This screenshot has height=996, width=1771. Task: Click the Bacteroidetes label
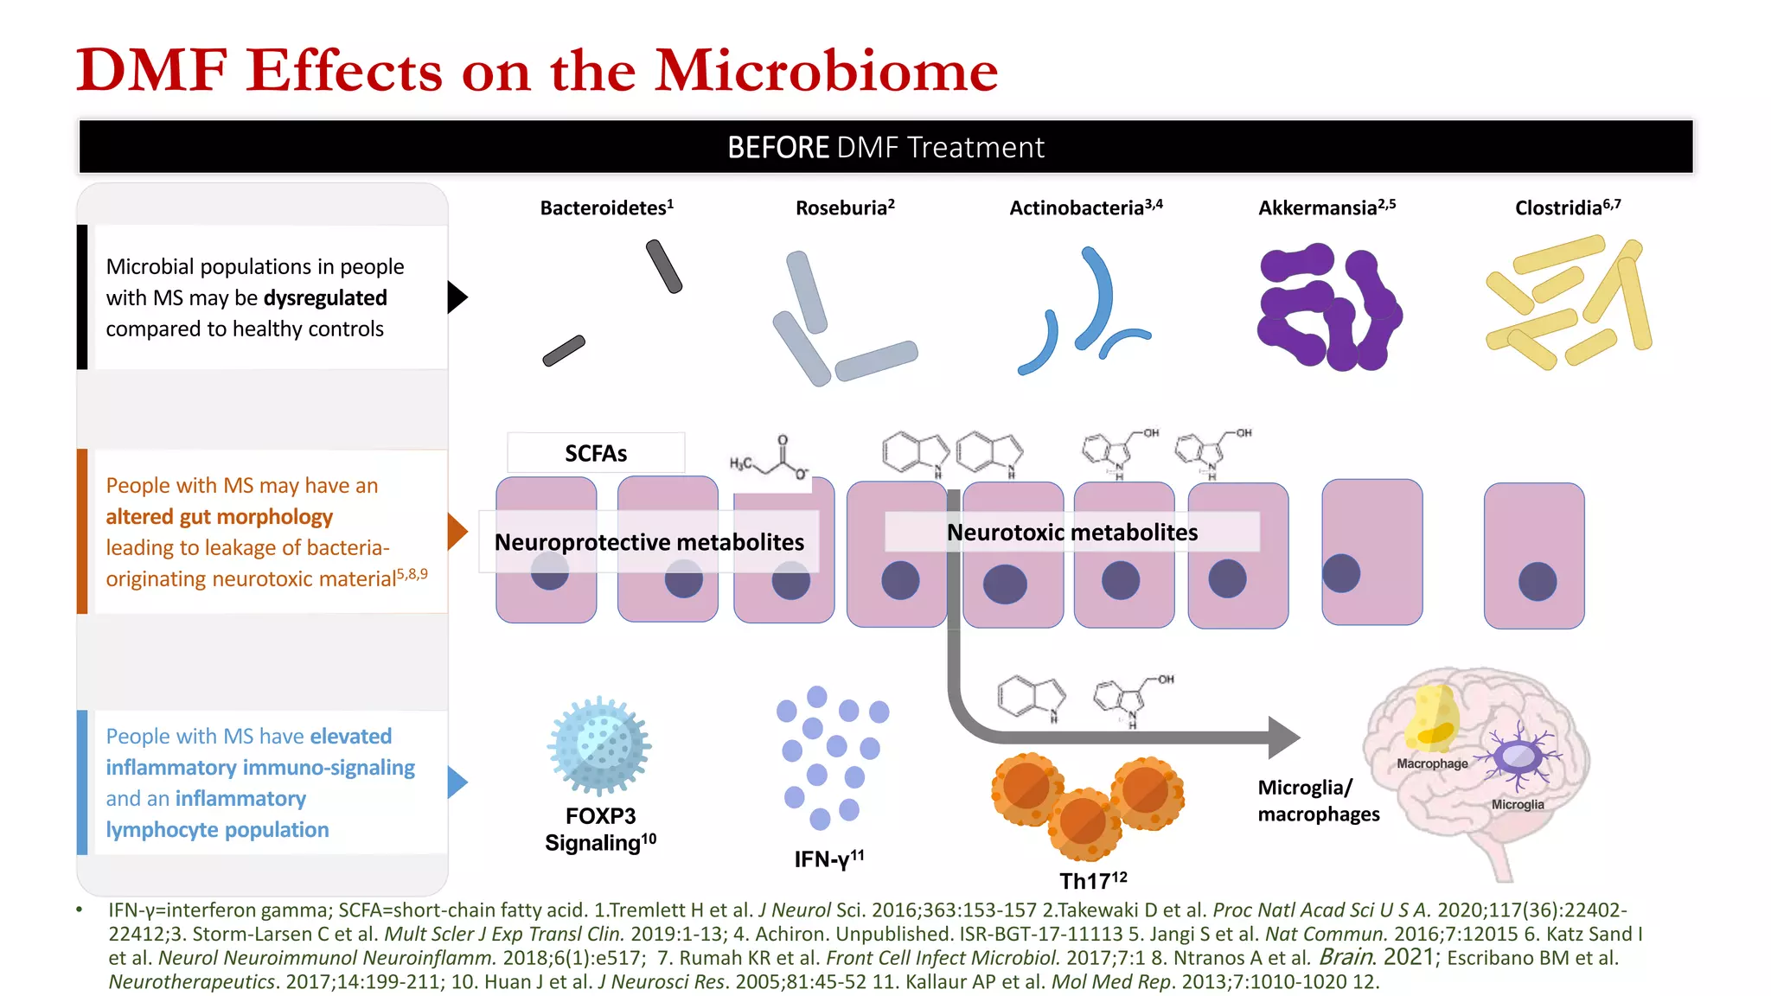coord(604,208)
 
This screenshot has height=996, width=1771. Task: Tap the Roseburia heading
coord(843,208)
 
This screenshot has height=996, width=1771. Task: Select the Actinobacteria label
coord(1084,208)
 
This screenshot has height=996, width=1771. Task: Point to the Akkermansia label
coord(1326,208)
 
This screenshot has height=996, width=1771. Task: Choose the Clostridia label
coord(1566,208)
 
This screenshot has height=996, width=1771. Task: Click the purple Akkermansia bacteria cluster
coord(1327,307)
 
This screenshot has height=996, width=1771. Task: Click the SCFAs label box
coord(596,453)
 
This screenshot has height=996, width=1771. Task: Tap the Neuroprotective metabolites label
coord(649,542)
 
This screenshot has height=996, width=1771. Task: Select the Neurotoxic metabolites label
coord(1072,533)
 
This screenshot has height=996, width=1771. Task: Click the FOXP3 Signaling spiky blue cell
coord(599,744)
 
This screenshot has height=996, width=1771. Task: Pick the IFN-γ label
coord(828,859)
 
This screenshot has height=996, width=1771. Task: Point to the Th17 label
coord(1092,881)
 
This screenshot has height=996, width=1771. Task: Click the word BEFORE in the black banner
coord(778,148)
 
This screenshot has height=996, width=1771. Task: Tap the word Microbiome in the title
coord(826,71)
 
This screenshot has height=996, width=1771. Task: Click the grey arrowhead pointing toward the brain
coord(1284,737)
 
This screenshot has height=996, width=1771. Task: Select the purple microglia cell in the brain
coord(1518,757)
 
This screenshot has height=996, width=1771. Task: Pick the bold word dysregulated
coord(325,298)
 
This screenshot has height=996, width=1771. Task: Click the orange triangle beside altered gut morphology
coord(457,532)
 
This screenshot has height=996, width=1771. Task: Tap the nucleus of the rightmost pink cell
coord(1538,581)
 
